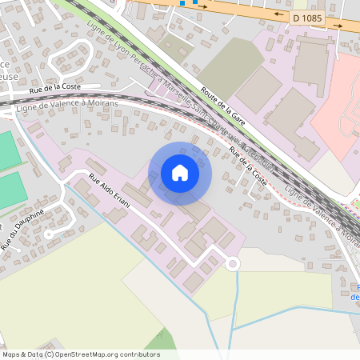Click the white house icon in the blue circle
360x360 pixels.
(180, 172)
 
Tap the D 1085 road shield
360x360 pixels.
(306, 17)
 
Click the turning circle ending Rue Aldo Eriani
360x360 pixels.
(233, 263)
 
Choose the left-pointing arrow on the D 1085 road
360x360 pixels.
(279, 14)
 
